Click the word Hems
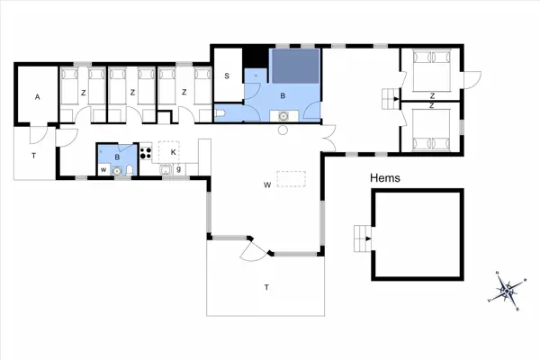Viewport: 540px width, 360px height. click(384, 178)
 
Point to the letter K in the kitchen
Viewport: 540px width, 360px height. click(174, 153)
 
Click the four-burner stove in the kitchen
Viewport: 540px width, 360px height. click(144, 151)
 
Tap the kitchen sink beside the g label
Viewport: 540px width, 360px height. click(166, 168)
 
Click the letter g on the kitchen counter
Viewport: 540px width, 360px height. click(179, 168)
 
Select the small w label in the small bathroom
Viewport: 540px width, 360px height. click(103, 169)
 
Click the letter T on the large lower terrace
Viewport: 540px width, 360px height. click(265, 287)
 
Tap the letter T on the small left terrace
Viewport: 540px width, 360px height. click(34, 157)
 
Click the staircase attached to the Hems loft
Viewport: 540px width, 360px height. click(363, 238)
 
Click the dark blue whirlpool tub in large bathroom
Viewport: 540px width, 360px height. click(296, 67)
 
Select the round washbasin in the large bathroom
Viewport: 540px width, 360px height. click(284, 115)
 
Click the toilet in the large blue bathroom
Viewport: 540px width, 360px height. click(221, 113)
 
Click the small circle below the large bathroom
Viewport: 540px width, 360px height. click(283, 130)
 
